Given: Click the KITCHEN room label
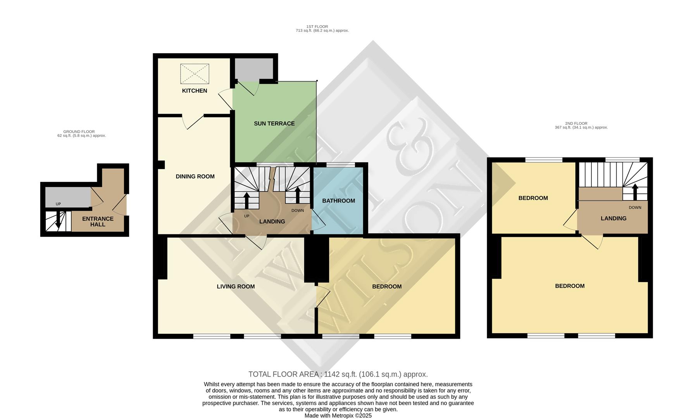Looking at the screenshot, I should pyautogui.click(x=195, y=91).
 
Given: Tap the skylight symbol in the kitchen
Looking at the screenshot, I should pyautogui.click(x=195, y=74).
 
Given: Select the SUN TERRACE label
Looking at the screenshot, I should pyautogui.click(x=274, y=123).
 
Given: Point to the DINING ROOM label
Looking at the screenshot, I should pyautogui.click(x=195, y=177).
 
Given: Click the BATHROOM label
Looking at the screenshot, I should pyautogui.click(x=338, y=201).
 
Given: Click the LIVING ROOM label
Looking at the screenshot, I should pyautogui.click(x=236, y=287).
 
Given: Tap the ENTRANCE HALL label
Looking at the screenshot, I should pyautogui.click(x=98, y=222).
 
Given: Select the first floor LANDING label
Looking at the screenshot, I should pyautogui.click(x=272, y=222).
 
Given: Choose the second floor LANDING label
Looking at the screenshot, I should pyautogui.click(x=613, y=218).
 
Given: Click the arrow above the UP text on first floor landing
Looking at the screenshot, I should pyautogui.click(x=246, y=200).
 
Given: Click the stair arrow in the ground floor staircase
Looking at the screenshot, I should pyautogui.click(x=58, y=220).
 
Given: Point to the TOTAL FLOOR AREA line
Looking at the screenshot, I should pyautogui.click(x=338, y=374).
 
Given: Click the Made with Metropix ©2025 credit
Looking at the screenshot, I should pyautogui.click(x=338, y=416).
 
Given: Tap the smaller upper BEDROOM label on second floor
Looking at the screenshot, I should pyautogui.click(x=533, y=198).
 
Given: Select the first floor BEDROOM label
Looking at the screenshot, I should pyautogui.click(x=386, y=287).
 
